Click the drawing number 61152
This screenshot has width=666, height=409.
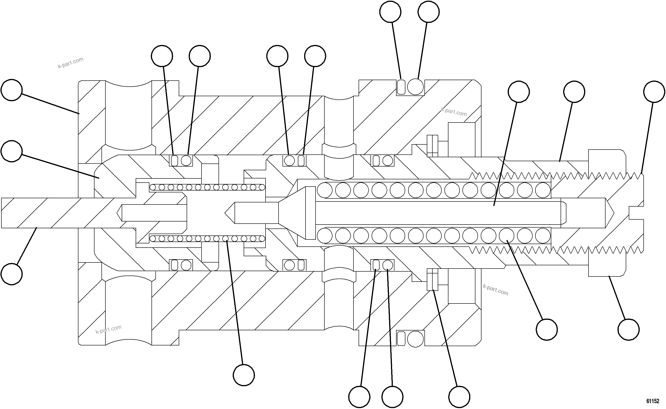click(653, 401)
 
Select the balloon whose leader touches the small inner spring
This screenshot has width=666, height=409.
click(244, 375)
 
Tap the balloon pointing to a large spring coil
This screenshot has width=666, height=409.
click(547, 330)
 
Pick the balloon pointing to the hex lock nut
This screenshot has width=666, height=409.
click(629, 330)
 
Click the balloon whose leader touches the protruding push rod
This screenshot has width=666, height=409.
click(12, 274)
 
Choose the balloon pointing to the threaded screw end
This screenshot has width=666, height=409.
click(654, 92)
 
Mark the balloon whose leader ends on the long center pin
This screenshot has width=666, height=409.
click(518, 92)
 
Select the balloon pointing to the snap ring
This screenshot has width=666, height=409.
click(459, 397)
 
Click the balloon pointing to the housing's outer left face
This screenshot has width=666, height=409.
click(12, 90)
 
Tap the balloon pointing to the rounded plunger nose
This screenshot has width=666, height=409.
click(12, 151)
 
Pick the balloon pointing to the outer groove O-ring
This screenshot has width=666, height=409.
click(428, 12)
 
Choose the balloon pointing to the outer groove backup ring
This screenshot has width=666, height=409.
click(390, 12)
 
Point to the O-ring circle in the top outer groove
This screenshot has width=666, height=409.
click(415, 87)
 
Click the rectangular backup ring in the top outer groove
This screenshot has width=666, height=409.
click(401, 87)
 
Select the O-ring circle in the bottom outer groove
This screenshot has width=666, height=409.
click(415, 339)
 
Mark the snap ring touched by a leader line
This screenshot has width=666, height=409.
click(432, 279)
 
